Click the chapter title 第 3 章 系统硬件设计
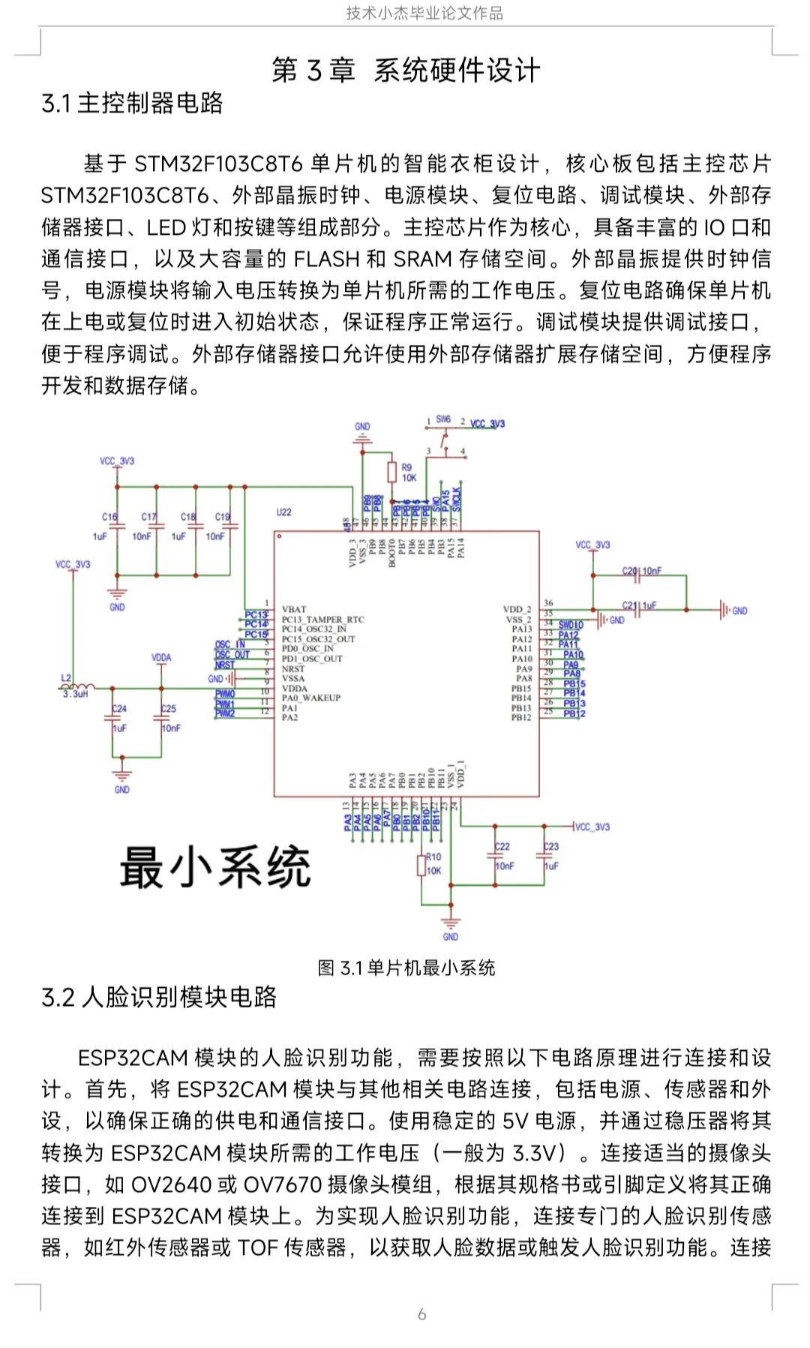pos(406,71)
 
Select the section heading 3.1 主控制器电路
pos(132,104)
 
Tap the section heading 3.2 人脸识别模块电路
pos(159,997)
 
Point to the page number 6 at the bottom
pos(421,1313)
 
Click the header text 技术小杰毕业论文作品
pos(424,13)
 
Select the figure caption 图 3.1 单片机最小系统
pos(406,968)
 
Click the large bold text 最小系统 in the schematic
pos(215,867)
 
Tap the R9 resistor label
pos(406,467)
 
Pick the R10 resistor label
pos(433,857)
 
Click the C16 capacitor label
pos(109,517)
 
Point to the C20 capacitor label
pos(628,571)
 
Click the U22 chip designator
pos(283,512)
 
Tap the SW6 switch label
pos(443,419)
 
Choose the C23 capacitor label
pos(551,846)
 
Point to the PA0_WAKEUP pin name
pos(311,698)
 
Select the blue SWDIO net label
pos(571,625)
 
